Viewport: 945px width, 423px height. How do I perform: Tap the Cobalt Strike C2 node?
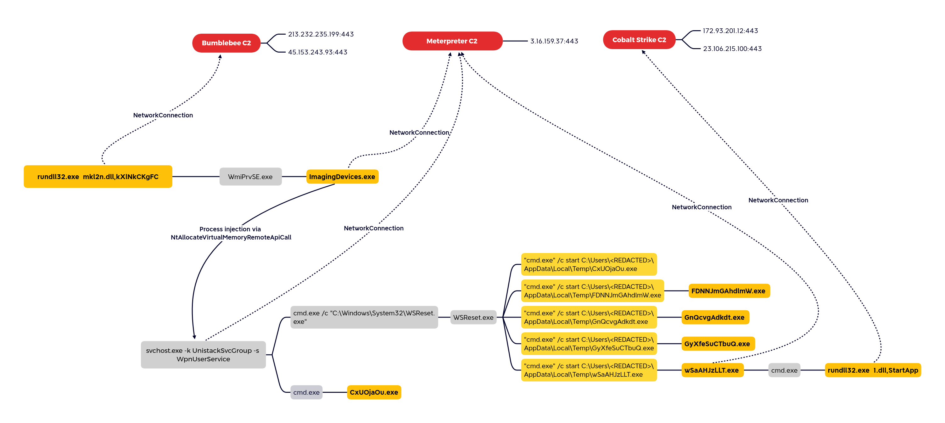coord(639,40)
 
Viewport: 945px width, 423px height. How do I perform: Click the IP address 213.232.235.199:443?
coord(321,34)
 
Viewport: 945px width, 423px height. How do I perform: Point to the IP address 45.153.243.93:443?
coord(318,52)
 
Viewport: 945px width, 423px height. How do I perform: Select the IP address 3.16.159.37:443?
coord(554,41)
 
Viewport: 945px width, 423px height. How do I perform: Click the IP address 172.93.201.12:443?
coord(730,31)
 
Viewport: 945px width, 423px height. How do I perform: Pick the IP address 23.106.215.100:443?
coord(732,49)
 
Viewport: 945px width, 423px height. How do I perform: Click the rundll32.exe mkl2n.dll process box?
coord(98,177)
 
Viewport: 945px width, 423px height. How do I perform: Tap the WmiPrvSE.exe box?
coord(250,177)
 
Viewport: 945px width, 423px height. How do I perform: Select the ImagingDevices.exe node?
coord(342,177)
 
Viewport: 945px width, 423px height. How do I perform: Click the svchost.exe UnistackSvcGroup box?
coord(203,355)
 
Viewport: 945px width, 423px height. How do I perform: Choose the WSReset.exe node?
coord(473,317)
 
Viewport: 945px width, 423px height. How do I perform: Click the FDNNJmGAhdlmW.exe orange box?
coord(729,291)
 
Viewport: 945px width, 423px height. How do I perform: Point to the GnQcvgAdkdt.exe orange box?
coord(715,317)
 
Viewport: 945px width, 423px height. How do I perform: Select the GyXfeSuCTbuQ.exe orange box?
coord(718,344)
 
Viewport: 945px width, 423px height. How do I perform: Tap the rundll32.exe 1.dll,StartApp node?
coord(873,370)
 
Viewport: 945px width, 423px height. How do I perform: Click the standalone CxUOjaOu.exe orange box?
coord(374,392)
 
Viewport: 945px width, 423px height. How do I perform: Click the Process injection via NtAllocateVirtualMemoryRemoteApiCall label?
coord(231,233)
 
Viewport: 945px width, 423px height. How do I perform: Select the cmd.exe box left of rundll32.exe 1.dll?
coord(784,370)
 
